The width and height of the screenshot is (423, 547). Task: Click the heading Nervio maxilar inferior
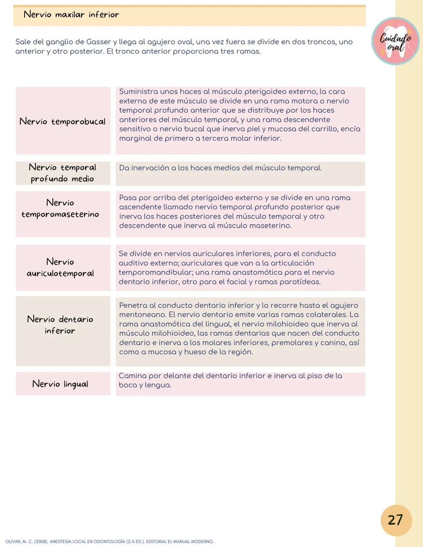click(71, 15)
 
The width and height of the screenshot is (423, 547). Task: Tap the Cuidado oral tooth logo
click(395, 41)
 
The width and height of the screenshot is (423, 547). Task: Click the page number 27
click(396, 520)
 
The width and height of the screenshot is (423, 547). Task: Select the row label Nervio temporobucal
click(63, 121)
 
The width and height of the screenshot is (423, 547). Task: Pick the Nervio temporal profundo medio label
click(63, 173)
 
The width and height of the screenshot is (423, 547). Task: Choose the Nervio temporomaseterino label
click(60, 208)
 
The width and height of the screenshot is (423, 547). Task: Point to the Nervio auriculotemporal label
click(60, 267)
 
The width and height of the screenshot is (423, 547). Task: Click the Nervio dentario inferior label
click(60, 325)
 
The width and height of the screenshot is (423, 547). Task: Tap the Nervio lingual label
click(60, 384)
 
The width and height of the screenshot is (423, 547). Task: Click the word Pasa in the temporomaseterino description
click(127, 198)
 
